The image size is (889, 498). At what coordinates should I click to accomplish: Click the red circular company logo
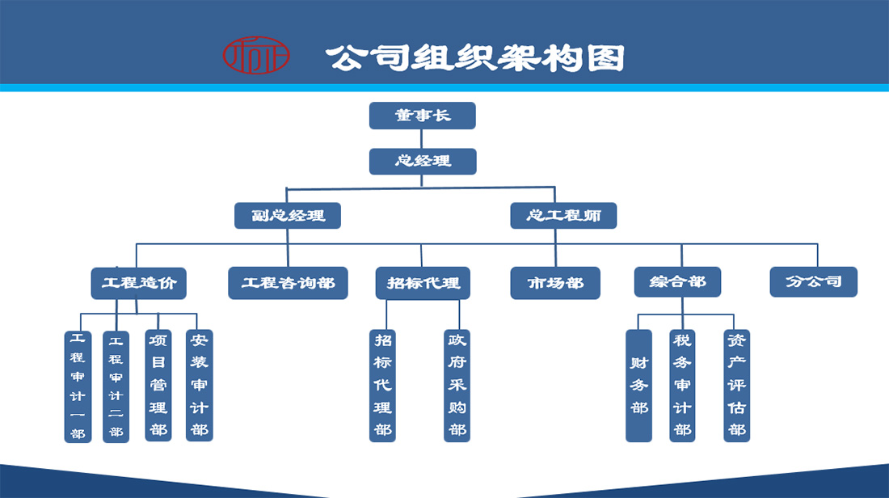click(x=255, y=55)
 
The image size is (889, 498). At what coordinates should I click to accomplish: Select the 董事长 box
click(x=422, y=116)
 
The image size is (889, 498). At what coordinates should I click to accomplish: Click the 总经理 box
click(x=423, y=161)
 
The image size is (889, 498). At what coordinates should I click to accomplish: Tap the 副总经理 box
click(x=288, y=216)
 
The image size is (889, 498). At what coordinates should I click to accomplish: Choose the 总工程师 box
click(x=563, y=216)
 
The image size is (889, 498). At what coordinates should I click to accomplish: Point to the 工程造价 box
click(x=138, y=283)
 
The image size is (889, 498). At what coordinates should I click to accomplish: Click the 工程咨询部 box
click(x=288, y=283)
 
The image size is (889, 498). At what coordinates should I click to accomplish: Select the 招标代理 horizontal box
click(x=423, y=283)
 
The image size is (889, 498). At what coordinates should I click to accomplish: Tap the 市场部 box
click(x=555, y=283)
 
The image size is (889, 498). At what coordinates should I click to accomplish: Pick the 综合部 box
click(x=677, y=282)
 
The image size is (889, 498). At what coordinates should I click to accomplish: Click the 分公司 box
click(x=813, y=281)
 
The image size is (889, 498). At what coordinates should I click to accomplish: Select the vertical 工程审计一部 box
click(x=78, y=386)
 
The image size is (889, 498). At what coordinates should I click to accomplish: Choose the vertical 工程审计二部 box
click(x=116, y=386)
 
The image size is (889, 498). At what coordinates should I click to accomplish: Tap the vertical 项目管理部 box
click(x=158, y=386)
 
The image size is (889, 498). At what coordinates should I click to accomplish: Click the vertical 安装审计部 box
click(x=199, y=386)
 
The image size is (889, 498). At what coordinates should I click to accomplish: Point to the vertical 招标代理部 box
click(x=382, y=386)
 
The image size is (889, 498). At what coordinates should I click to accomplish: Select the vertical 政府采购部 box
click(x=457, y=386)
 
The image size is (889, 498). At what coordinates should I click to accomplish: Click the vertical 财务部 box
click(x=639, y=386)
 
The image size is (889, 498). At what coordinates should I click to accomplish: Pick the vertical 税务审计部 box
click(x=682, y=386)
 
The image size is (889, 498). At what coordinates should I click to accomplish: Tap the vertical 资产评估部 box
click(x=736, y=386)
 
